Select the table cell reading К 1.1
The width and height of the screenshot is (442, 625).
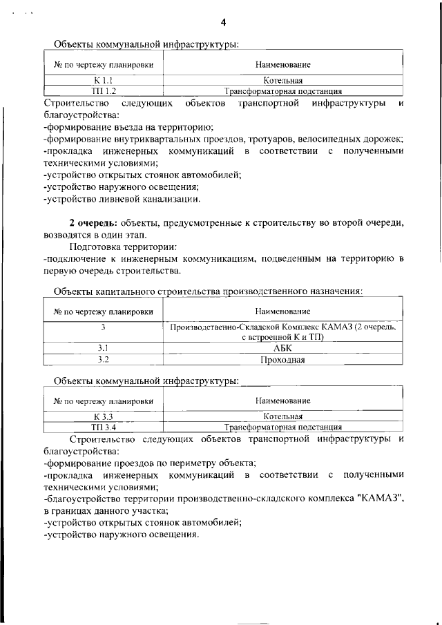click(x=103, y=81)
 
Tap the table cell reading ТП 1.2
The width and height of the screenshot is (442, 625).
click(x=103, y=90)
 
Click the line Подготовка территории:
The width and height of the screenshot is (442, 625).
click(x=122, y=247)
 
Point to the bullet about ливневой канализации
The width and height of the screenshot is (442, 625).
click(x=122, y=200)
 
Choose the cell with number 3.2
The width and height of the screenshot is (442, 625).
click(x=103, y=360)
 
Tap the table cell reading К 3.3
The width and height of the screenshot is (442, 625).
click(x=103, y=416)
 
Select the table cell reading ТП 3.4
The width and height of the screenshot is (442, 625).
click(x=103, y=427)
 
